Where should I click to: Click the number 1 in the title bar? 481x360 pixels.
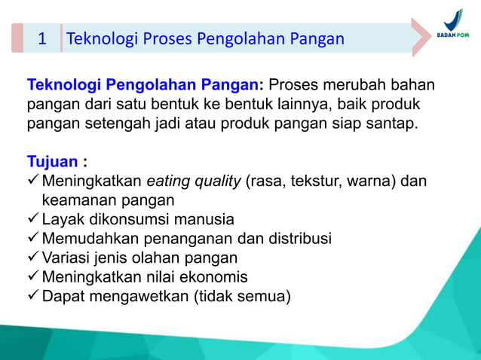coord(43,38)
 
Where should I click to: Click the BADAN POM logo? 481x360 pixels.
coord(452,26)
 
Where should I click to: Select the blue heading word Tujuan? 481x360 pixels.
coord(52,162)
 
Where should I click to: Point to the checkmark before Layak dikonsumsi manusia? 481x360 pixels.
coord(33,220)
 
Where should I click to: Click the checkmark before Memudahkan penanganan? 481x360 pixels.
coord(33,239)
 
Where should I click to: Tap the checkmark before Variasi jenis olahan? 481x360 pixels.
coord(33,258)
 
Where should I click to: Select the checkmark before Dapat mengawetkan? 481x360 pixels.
coord(33,296)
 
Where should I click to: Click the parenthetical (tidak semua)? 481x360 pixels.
coord(243,296)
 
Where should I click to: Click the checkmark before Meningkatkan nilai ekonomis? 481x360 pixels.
coord(33,277)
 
